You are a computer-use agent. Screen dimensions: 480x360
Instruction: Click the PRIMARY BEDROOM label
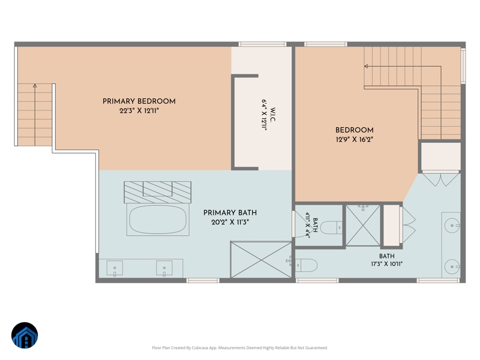[x=139, y=101]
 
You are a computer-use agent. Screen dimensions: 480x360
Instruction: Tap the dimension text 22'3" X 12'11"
[x=139, y=111]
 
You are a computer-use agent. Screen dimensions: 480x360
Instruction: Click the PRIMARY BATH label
[x=230, y=213]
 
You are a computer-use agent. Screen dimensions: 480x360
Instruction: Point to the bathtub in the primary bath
[x=158, y=220]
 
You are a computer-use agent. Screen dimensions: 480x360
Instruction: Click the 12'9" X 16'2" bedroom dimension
[x=355, y=140]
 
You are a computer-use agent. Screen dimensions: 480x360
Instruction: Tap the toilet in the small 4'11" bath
[x=331, y=227]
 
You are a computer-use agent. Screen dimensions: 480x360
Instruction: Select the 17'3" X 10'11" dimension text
[x=387, y=264]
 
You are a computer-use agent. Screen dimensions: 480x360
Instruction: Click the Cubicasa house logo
[x=25, y=335]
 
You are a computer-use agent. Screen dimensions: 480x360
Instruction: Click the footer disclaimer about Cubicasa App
[x=240, y=348]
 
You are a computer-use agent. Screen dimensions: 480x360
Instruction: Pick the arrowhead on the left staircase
[x=35, y=86]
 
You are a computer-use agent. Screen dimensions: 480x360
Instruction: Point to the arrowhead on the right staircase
[x=366, y=66]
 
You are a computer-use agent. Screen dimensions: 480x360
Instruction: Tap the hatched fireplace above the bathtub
[x=158, y=192]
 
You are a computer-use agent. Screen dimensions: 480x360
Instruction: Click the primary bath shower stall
[x=261, y=260]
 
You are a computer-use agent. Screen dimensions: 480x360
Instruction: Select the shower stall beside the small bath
[x=363, y=226]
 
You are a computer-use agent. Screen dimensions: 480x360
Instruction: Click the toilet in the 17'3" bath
[x=307, y=265]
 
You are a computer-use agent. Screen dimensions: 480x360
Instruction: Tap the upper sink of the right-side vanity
[x=452, y=226]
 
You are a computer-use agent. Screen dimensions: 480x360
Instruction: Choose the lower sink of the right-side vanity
[x=452, y=267]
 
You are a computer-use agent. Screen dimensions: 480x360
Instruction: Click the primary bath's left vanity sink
[x=115, y=268]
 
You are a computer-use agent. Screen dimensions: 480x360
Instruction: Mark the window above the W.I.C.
[x=262, y=44]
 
